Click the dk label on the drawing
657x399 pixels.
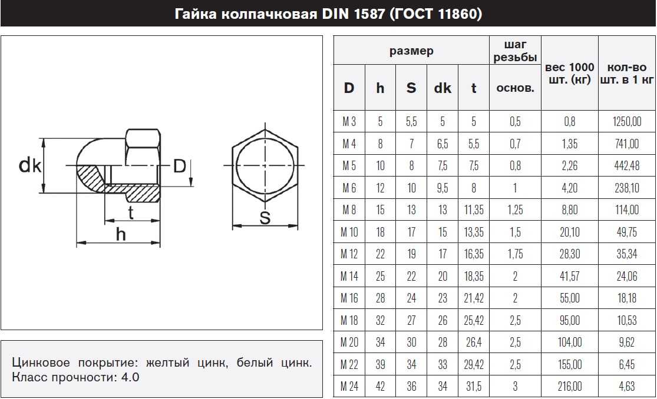(x=30, y=165)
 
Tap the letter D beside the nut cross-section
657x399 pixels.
(x=179, y=166)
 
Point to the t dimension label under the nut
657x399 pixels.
(x=131, y=212)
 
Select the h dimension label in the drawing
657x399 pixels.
(x=121, y=234)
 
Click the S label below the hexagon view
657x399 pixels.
(x=265, y=218)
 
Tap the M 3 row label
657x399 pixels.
(x=349, y=121)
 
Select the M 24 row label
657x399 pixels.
(x=349, y=386)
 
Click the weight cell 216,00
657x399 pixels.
(x=569, y=386)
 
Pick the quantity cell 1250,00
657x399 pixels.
(x=627, y=121)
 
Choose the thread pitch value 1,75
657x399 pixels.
(x=515, y=254)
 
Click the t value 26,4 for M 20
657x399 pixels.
(x=474, y=342)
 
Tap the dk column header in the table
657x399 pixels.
(x=443, y=88)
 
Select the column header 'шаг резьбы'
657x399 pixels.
(x=515, y=51)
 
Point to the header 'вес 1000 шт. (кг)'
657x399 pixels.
(x=569, y=74)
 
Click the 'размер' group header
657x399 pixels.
(x=411, y=51)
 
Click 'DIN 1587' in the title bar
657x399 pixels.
(x=353, y=14)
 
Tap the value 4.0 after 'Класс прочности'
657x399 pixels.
(x=130, y=377)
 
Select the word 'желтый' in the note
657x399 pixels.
(x=167, y=363)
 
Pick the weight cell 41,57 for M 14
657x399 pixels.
(x=569, y=276)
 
